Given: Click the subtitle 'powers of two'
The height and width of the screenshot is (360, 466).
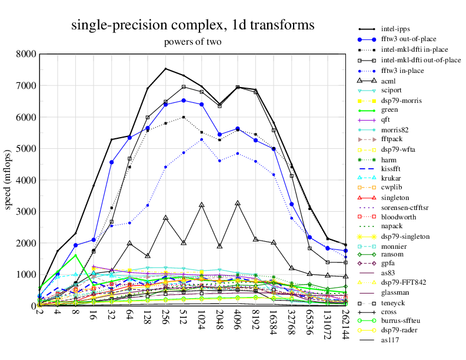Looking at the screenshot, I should tap(192, 42).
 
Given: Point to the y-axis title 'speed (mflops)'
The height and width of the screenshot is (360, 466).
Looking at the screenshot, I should tap(8, 180).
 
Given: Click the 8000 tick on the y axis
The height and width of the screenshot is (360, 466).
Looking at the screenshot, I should tap(25, 54).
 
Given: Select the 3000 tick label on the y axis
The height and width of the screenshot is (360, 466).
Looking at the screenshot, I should tap(25, 212).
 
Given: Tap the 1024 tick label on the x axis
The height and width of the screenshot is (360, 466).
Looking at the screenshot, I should tap(202, 321).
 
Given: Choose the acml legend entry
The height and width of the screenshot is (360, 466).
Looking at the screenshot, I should tap(388, 81).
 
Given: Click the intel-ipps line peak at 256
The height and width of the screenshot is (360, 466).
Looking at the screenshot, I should tap(165, 69).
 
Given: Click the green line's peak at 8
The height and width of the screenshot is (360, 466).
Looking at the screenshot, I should tap(75, 255).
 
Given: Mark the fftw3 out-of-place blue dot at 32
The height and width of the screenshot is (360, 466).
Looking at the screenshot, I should tap(111, 162).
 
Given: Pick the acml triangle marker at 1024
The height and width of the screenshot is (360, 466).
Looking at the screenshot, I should tap(202, 205).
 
